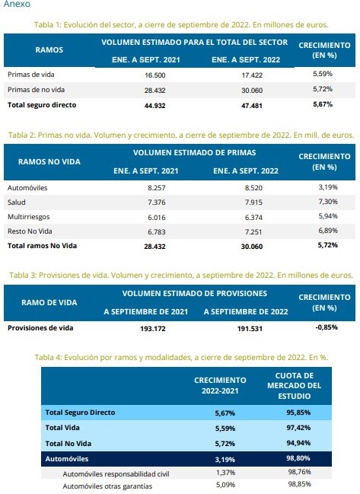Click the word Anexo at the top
[x=17, y=4]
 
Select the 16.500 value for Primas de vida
[x=155, y=75]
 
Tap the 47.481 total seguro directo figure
[x=252, y=106]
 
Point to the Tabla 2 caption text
[x=181, y=135]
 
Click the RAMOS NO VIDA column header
[x=49, y=162]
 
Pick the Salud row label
[x=17, y=202]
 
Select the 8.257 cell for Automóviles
[x=157, y=188]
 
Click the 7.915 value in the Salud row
[x=253, y=202]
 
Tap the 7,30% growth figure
[x=328, y=202]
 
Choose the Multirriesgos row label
[x=29, y=217]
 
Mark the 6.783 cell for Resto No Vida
[x=157, y=232]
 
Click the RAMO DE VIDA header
[x=49, y=303]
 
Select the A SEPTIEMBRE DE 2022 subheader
[x=246, y=312]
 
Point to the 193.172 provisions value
[x=153, y=329]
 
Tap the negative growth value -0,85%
[x=327, y=327]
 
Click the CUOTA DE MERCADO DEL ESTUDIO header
[x=295, y=386]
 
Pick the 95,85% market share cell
[x=298, y=413]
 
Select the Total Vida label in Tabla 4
[x=62, y=428]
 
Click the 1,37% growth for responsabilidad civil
[x=225, y=473]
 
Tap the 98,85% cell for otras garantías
[x=299, y=484]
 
